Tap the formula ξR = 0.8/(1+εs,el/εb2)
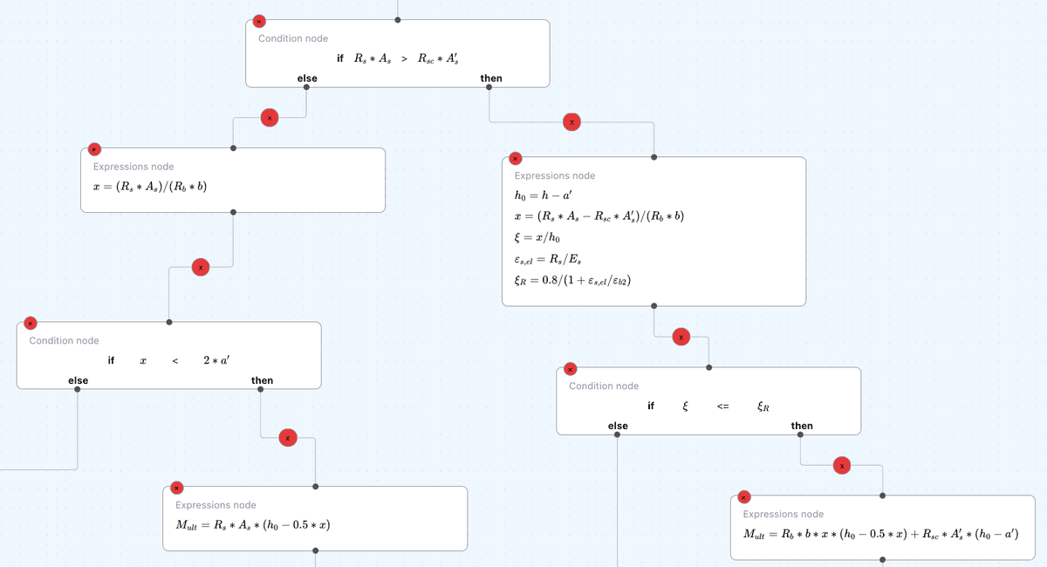(x=572, y=280)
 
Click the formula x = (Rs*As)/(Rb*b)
(x=149, y=187)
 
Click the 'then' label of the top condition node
(x=491, y=79)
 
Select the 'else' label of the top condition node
(x=307, y=79)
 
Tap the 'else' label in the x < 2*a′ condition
(x=79, y=380)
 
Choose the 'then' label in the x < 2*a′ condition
(x=262, y=380)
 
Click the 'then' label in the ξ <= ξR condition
(x=802, y=426)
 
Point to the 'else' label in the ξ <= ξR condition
(x=618, y=426)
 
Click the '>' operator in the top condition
(x=404, y=58)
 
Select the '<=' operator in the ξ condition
(x=723, y=406)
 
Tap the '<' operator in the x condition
(x=175, y=361)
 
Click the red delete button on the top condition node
(x=258, y=22)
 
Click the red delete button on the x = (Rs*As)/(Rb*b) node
(x=93, y=150)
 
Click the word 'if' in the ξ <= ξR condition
(x=651, y=406)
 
